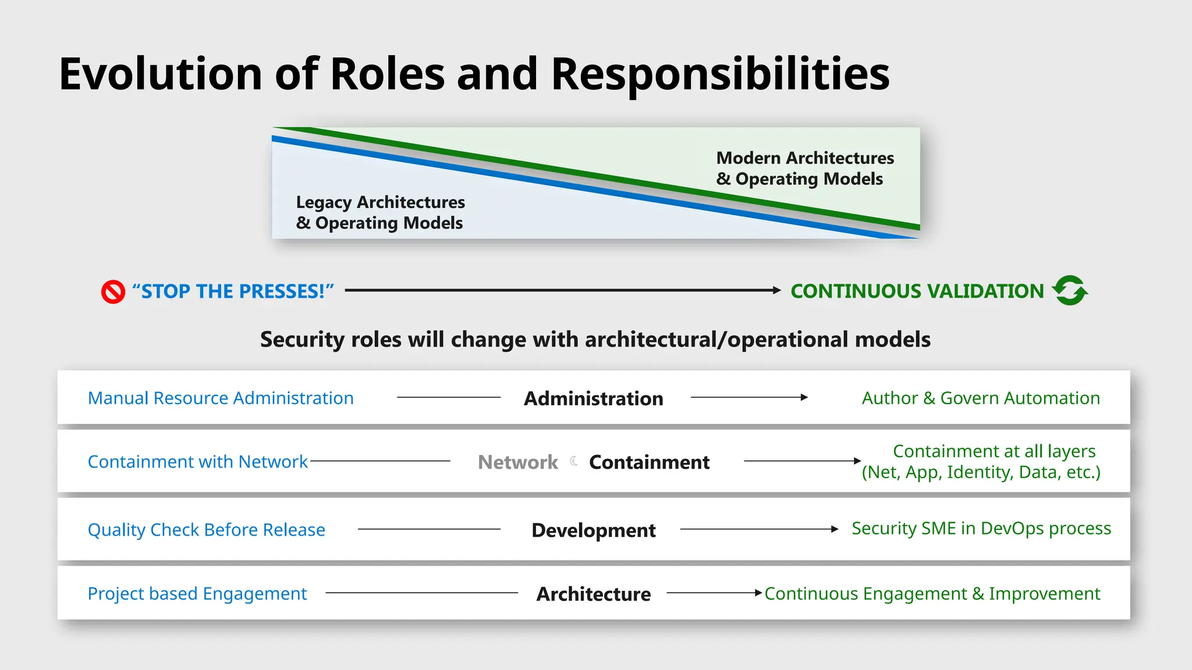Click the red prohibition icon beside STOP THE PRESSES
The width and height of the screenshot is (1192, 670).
point(113,292)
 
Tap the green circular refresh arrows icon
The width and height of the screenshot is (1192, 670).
point(1070,290)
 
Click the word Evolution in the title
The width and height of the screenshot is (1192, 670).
point(160,74)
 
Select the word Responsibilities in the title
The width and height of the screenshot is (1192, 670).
point(720,74)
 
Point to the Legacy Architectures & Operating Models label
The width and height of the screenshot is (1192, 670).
point(380,213)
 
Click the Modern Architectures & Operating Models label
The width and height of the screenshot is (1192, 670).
point(804,168)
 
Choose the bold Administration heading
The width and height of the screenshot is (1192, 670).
point(593,398)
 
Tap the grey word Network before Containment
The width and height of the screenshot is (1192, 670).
point(517,462)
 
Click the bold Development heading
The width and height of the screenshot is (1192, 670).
point(593,530)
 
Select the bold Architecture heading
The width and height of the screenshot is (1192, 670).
point(593,594)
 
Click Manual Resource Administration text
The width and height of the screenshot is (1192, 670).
point(221,398)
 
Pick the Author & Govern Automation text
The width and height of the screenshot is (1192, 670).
point(981,398)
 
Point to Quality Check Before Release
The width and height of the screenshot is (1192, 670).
point(206,530)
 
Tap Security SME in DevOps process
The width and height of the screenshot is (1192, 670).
point(981,528)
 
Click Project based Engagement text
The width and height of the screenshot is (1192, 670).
point(197,594)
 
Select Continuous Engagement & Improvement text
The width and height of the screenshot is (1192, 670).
point(932,594)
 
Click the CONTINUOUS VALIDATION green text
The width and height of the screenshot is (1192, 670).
point(917,291)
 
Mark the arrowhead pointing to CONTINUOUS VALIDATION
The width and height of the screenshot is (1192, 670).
point(776,290)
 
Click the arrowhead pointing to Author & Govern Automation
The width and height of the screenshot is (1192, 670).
point(804,397)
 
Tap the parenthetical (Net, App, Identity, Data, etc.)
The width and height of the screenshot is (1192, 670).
point(981,472)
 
